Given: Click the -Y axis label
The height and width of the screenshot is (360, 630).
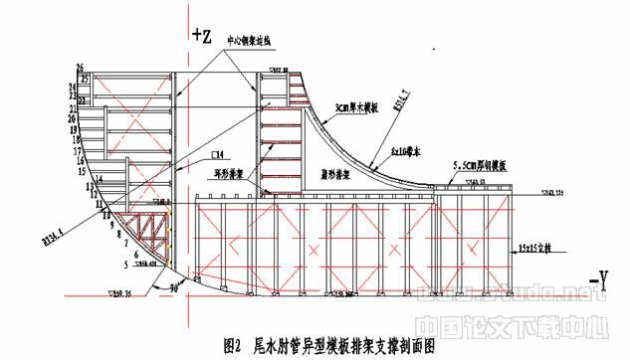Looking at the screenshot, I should (594, 285).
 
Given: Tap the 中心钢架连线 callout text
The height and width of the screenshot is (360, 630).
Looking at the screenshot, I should (253, 43).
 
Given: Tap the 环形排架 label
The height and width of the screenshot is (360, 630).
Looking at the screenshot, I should (229, 169).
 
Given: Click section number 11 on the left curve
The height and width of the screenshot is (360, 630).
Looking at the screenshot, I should (100, 203).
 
